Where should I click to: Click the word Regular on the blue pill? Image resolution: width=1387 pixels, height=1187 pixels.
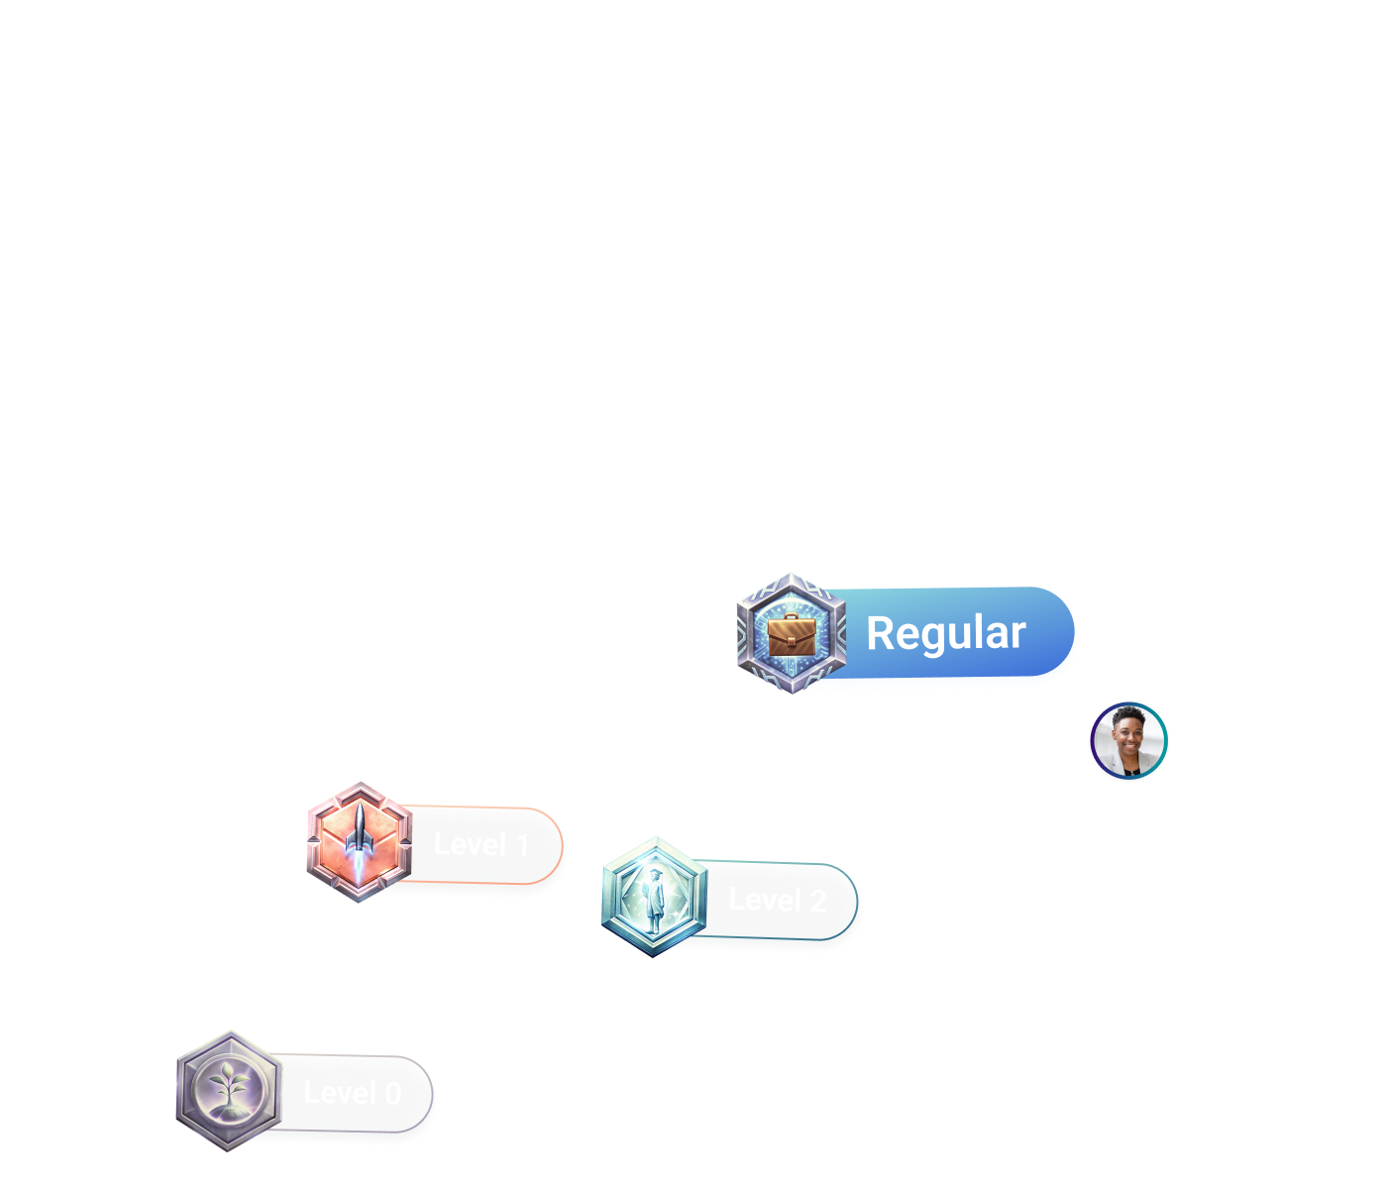(945, 634)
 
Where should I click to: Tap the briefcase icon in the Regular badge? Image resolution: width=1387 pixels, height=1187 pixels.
(791, 634)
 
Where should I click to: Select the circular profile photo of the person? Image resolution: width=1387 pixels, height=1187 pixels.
(1129, 742)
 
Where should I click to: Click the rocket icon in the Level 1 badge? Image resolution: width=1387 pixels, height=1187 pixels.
(359, 840)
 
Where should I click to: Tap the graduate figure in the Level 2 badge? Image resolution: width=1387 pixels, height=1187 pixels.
(654, 897)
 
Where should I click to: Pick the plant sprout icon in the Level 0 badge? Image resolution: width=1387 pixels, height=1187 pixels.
(229, 1089)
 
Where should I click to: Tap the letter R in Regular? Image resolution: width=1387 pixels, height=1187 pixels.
(881, 634)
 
